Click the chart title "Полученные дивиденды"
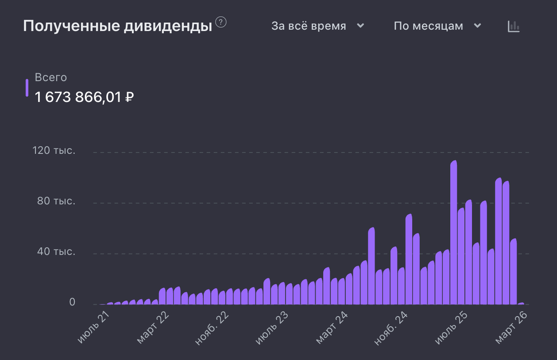tap(117, 26)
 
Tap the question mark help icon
tap(221, 22)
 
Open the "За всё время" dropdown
tap(317, 26)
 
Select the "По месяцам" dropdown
tap(437, 26)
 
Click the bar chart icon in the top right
tap(513, 26)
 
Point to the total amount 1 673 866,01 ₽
tap(84, 97)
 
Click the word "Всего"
tap(51, 78)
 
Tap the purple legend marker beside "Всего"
tap(27, 88)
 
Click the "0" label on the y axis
tap(72, 302)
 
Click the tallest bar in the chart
tap(453, 232)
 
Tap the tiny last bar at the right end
tap(520, 304)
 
